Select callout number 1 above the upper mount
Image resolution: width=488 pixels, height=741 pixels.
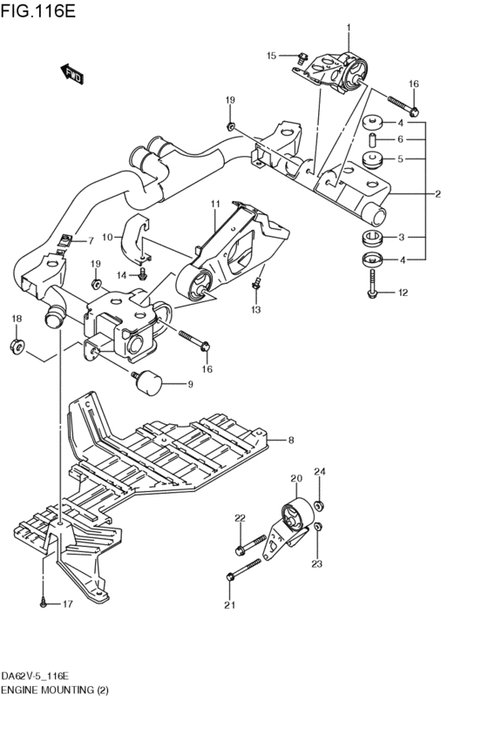click(349, 28)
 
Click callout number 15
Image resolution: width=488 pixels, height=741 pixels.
click(271, 56)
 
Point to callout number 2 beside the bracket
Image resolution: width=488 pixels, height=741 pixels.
click(438, 193)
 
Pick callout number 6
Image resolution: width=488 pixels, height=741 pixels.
click(400, 139)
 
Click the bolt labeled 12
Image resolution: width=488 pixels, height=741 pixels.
click(373, 286)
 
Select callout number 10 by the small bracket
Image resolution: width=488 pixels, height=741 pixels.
click(108, 236)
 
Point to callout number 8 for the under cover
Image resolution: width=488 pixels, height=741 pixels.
click(291, 441)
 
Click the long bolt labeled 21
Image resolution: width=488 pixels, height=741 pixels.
click(246, 568)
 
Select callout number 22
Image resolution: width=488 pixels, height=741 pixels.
click(240, 519)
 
